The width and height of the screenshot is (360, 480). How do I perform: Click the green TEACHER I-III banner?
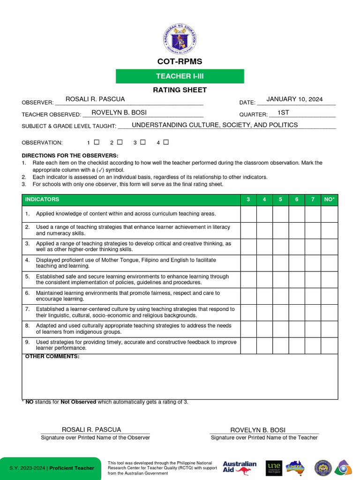[x=180, y=76]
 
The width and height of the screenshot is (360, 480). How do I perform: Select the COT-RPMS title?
[x=180, y=62]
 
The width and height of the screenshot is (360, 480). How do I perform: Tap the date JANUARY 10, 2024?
[x=294, y=99]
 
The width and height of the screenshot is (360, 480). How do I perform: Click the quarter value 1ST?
[x=283, y=112]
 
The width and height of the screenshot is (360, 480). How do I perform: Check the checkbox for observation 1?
[x=97, y=142]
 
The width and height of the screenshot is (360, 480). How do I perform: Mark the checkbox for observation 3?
[x=143, y=142]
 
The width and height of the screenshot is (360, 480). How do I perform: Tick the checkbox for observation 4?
[x=166, y=142]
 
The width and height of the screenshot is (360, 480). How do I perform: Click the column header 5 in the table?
[x=280, y=200]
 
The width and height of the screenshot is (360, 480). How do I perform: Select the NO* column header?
[x=329, y=200]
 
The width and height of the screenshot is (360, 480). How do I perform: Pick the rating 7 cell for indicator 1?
[x=313, y=214]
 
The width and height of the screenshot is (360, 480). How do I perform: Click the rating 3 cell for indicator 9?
[x=248, y=345]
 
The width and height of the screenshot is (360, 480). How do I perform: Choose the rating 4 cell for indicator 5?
[x=264, y=280]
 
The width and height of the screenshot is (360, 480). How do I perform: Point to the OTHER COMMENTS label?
[x=52, y=357]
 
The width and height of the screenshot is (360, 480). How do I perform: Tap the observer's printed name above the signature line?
[x=91, y=430]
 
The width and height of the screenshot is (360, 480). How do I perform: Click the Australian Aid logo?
[x=240, y=467]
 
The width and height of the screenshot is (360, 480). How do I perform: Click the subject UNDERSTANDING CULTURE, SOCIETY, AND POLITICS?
[x=215, y=125]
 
